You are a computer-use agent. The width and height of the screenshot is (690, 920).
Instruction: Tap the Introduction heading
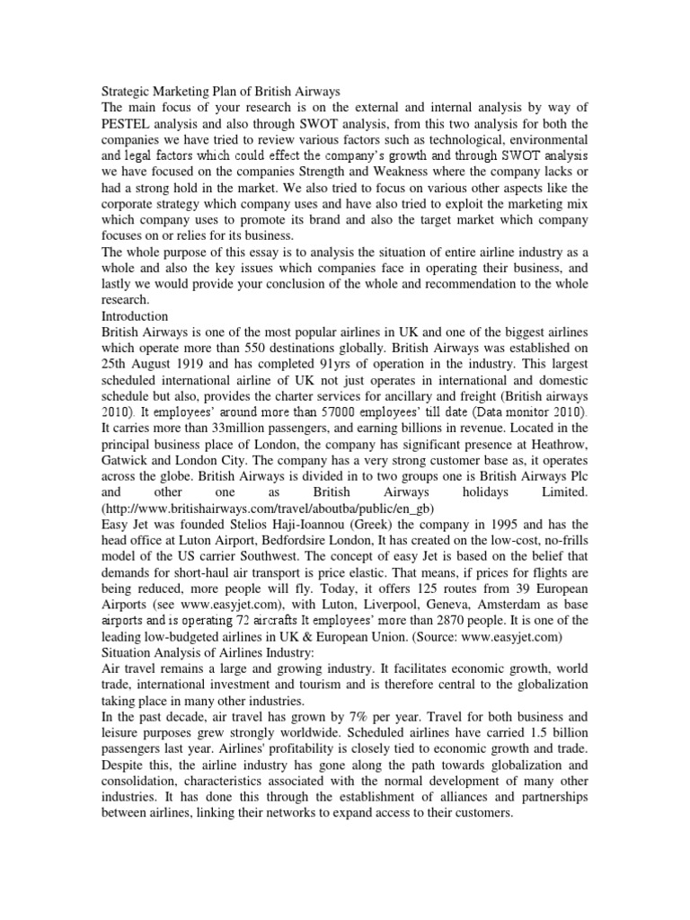pos(135,316)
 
